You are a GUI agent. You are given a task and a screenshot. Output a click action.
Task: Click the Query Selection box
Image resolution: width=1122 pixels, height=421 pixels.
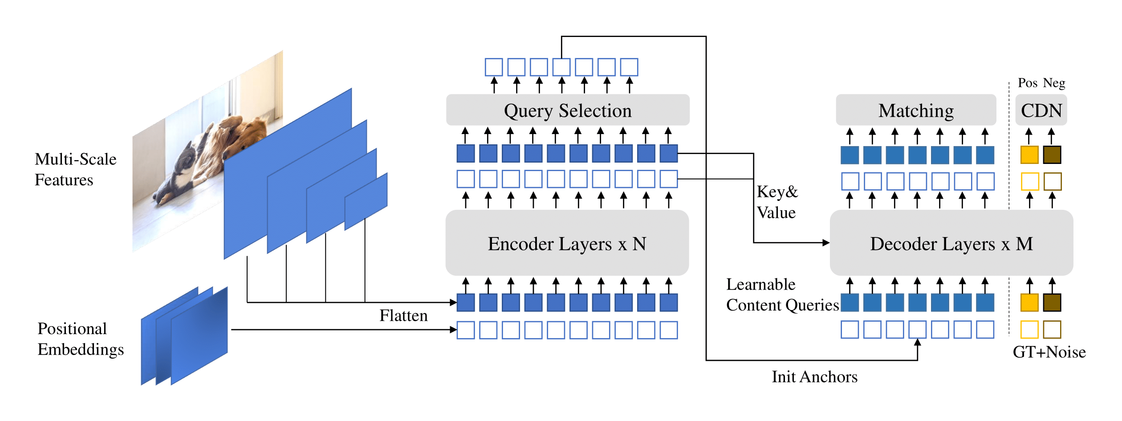(x=568, y=110)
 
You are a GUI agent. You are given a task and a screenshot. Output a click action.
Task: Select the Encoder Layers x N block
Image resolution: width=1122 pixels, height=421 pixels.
(x=567, y=243)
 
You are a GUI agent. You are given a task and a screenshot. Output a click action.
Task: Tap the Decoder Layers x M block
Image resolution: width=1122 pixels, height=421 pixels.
(x=951, y=243)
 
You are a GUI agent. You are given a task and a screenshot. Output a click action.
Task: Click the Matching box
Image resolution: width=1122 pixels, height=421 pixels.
(x=916, y=110)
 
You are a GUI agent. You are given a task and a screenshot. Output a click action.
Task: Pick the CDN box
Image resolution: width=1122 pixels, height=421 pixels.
(x=1041, y=110)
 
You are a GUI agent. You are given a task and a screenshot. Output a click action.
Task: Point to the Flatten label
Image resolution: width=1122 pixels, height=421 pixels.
(x=403, y=315)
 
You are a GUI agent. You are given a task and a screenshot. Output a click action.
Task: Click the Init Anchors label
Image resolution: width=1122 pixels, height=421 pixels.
(x=814, y=377)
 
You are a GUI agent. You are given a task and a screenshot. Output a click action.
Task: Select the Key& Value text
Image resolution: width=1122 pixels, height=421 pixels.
(x=777, y=202)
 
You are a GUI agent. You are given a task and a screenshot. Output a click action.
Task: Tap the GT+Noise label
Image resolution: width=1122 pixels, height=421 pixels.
(x=1049, y=352)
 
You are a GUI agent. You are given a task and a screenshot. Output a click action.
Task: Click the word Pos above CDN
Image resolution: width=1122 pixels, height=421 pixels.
(x=1028, y=83)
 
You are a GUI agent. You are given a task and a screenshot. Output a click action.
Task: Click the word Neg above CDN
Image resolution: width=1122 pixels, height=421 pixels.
(x=1054, y=83)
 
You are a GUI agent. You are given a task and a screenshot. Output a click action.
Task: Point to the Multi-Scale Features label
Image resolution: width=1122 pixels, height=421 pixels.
(x=76, y=169)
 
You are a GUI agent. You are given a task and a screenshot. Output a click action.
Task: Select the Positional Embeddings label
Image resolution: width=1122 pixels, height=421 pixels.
(x=81, y=339)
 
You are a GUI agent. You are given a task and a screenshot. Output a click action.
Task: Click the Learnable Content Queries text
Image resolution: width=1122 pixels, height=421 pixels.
(x=782, y=294)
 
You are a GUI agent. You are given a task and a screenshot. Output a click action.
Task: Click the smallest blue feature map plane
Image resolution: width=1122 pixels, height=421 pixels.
(x=366, y=201)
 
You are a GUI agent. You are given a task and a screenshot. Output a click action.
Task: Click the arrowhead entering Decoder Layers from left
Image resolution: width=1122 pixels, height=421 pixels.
(x=826, y=243)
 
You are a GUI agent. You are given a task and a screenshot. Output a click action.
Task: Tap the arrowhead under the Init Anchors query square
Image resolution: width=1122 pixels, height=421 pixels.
(x=918, y=343)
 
